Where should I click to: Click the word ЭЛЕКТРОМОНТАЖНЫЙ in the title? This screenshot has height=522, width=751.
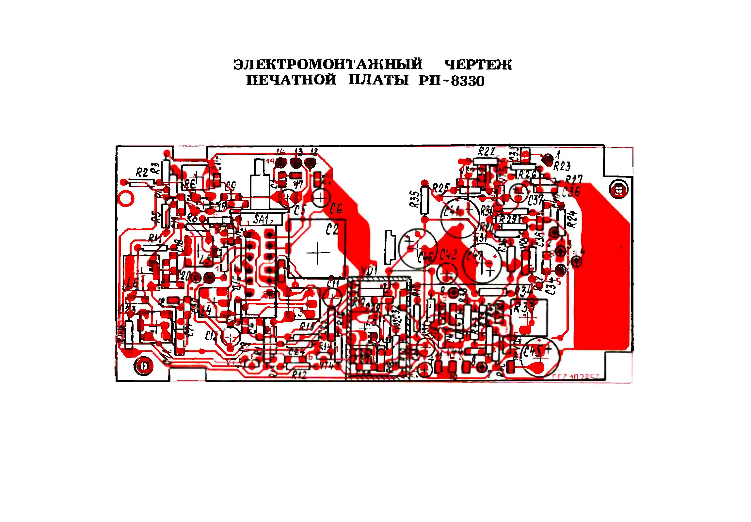tap(328, 64)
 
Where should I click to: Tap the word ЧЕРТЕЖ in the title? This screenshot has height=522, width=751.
tap(478, 65)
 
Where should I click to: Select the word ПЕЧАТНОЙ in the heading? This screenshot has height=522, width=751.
tap(291, 80)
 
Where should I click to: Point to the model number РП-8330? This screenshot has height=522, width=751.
tap(451, 81)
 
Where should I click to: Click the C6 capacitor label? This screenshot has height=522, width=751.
tap(336, 208)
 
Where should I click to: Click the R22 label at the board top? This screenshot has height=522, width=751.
tap(487, 151)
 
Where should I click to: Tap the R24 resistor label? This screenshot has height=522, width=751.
tap(572, 218)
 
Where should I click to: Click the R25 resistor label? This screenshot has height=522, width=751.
tap(441, 188)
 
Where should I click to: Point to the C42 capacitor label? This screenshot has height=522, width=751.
tap(448, 255)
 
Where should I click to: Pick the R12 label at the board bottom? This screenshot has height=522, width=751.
tap(299, 375)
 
